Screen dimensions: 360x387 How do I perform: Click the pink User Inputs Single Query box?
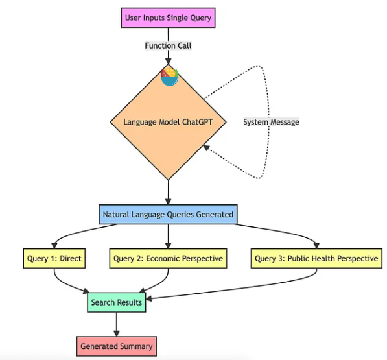pos(168,18)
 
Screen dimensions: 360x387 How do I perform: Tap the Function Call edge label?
pos(168,46)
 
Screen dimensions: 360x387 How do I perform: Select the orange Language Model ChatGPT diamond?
pos(168,122)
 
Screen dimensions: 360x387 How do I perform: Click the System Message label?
pos(271,121)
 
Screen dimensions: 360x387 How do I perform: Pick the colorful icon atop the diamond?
pos(169,77)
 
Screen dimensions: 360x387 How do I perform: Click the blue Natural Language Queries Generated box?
pos(168,213)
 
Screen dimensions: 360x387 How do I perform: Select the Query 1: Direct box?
pos(54,259)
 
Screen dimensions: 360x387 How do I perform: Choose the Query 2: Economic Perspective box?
pos(168,259)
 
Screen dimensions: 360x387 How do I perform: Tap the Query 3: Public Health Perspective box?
pos(316,259)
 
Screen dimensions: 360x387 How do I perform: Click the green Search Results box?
pos(116,302)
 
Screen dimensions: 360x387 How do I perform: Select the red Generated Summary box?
pos(117,346)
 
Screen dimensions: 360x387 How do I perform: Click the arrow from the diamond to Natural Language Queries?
pos(168,191)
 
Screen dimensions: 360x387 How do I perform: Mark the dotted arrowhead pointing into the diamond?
pos(206,149)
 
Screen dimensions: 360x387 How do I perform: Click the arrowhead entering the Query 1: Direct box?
pos(54,246)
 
